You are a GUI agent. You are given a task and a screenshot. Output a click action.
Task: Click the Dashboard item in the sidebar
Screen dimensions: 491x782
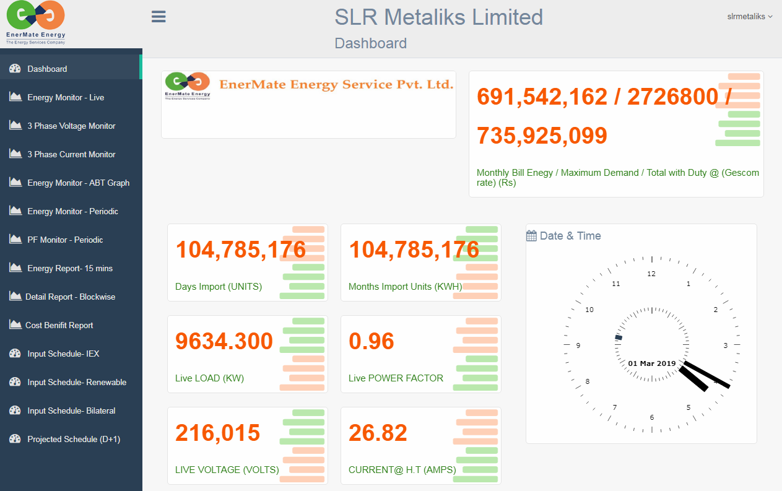[x=47, y=69]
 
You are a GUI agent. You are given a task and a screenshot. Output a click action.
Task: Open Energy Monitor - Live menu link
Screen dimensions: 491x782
[x=66, y=97]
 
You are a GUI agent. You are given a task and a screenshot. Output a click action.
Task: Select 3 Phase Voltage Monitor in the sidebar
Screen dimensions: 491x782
[x=71, y=126]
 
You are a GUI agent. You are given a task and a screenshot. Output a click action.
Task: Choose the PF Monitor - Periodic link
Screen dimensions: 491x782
[x=65, y=240]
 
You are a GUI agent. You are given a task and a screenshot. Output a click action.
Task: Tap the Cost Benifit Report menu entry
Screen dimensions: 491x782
[x=59, y=325]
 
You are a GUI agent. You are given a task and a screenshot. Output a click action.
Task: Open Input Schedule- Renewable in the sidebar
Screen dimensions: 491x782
[x=77, y=382]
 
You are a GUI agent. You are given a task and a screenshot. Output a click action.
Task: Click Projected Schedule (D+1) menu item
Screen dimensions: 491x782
[x=74, y=439]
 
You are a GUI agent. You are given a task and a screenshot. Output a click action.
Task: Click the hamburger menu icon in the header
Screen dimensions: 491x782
[x=159, y=17]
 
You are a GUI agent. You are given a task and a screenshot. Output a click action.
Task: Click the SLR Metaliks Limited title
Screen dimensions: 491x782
[x=438, y=17]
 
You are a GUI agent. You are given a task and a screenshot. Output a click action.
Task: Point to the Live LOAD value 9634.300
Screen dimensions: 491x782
[x=224, y=341]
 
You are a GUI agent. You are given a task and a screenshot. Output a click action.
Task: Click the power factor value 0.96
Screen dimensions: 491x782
[x=371, y=341]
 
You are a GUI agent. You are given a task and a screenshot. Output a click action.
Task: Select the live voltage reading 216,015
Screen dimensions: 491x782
[x=217, y=433]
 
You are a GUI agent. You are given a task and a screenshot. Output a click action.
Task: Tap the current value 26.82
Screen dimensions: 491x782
[x=378, y=433]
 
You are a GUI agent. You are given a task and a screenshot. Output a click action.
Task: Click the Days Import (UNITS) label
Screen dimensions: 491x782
[x=219, y=287]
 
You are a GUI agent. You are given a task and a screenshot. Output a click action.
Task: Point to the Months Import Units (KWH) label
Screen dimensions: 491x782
[x=405, y=287]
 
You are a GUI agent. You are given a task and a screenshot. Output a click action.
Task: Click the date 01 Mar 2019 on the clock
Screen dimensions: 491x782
[x=651, y=363]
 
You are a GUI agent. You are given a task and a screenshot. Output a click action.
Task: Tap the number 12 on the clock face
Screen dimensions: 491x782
[x=651, y=274]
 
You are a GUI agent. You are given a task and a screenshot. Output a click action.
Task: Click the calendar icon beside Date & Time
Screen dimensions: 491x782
[x=531, y=236]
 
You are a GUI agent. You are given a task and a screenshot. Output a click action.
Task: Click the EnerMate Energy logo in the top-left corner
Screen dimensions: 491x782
[x=35, y=22]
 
